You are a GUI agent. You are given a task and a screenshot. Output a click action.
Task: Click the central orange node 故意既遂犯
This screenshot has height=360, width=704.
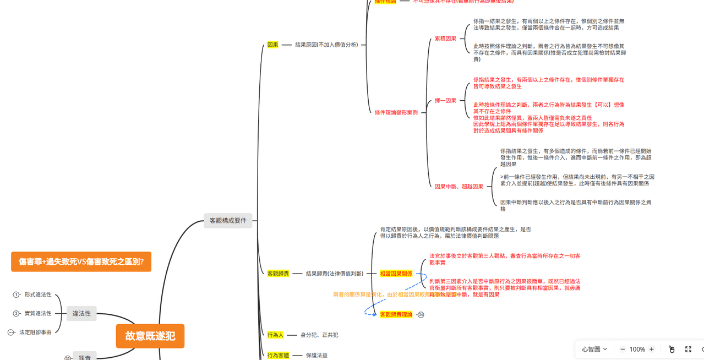tap(150, 336)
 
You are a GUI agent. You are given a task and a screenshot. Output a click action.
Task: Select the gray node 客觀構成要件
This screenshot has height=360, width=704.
tap(228, 221)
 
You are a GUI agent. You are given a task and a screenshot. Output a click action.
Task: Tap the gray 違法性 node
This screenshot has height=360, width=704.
tap(81, 313)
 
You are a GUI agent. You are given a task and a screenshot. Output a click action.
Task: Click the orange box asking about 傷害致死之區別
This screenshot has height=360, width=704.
tap(81, 261)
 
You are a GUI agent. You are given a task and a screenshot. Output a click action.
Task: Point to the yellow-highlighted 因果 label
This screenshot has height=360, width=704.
tap(272, 45)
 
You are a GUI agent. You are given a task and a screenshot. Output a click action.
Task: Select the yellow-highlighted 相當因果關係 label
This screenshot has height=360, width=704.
tap(396, 274)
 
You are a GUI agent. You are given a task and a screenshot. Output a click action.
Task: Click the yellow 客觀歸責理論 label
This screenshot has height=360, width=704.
tap(396, 314)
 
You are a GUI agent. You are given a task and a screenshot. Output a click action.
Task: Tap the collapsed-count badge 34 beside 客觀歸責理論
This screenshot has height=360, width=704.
tap(421, 315)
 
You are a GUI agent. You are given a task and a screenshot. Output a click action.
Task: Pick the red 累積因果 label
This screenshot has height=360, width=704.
tap(445, 39)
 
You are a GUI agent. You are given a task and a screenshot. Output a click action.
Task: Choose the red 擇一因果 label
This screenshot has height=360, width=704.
tap(445, 101)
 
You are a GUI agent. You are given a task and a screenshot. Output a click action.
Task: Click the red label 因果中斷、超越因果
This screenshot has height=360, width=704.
tap(459, 187)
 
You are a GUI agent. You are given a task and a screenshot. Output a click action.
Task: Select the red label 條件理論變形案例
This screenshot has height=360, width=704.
tap(396, 112)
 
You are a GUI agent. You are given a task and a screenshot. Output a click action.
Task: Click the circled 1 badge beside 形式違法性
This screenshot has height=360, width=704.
tap(17, 294)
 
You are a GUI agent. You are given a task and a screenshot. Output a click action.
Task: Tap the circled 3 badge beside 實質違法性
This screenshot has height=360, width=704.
tap(17, 313)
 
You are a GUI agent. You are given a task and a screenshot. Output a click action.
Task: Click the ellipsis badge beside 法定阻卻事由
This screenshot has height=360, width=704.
tap(11, 332)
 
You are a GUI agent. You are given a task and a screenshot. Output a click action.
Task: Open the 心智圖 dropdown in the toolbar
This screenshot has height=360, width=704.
tap(594, 349)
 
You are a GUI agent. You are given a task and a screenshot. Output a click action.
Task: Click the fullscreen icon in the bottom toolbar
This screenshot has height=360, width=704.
tap(688, 349)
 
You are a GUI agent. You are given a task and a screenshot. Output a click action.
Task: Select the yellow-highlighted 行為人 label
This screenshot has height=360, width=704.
tap(275, 335)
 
